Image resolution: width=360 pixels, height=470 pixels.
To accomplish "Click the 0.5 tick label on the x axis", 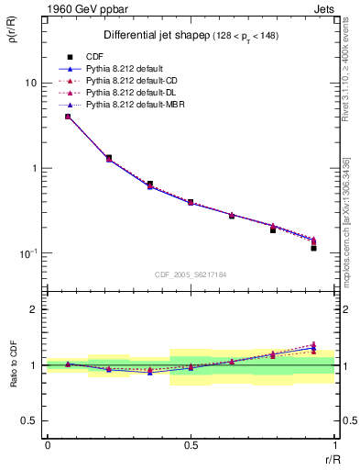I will (191, 445).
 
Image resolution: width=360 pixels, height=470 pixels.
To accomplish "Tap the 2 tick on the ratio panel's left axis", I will (37, 309).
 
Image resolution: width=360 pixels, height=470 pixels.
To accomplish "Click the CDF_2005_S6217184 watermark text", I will (190, 274).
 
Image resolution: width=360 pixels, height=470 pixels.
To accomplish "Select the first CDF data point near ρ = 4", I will (68, 117).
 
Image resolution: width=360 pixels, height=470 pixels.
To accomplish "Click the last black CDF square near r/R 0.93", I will (313, 248).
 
